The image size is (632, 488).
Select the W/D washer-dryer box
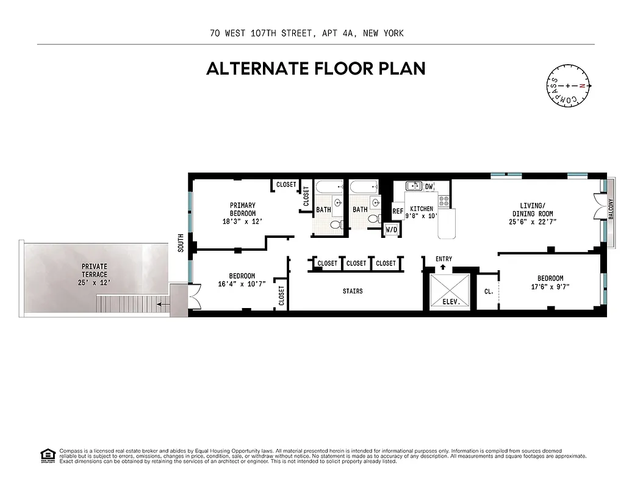pos(391,230)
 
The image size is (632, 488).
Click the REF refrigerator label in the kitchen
pos(398,211)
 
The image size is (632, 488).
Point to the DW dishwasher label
pos(429,186)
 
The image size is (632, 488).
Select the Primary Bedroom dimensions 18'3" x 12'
pos(242,221)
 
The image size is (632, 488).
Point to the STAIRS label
pos(353,291)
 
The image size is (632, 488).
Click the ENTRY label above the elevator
pos(443,259)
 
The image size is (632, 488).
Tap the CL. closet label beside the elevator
pos(489,292)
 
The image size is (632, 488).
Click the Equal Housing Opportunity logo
pos(46,456)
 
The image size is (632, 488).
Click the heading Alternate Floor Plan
pos(315,68)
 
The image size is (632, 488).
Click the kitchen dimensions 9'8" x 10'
pos(422,217)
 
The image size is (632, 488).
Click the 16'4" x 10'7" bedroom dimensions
pos(242,284)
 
